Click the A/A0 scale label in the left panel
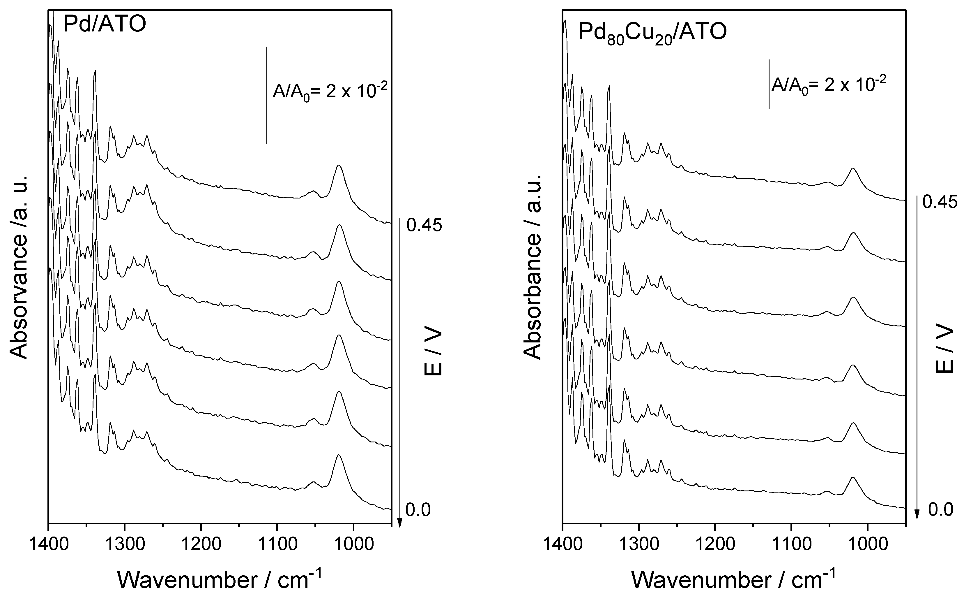coord(330,93)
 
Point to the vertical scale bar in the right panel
coord(769,84)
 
